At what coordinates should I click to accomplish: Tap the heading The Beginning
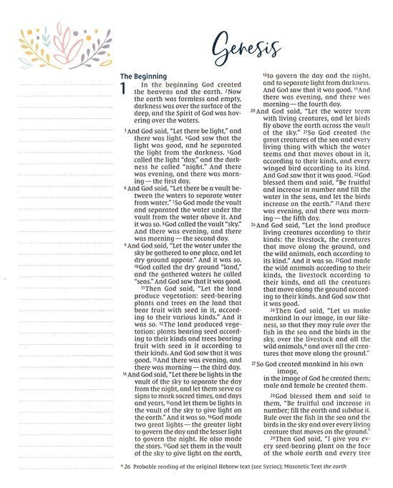pos(143,75)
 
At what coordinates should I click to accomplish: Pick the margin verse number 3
pos(125,132)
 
